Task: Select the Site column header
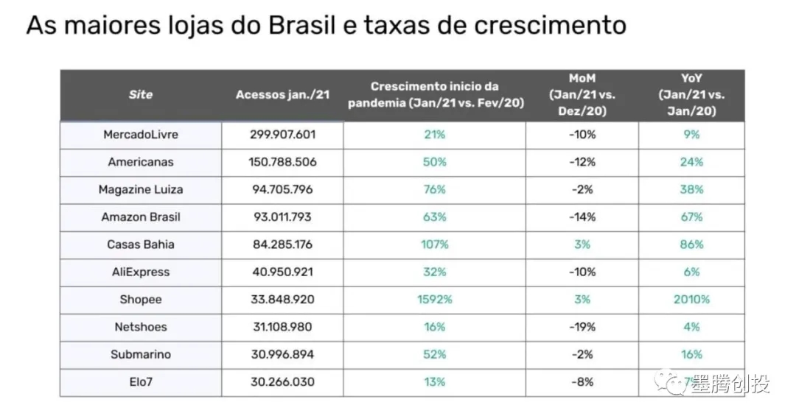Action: [141, 94]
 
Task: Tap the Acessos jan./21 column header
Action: [282, 94]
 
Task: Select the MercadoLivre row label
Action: [141, 135]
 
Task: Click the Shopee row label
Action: [141, 300]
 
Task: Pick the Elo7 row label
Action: [141, 382]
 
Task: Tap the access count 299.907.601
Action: [282, 135]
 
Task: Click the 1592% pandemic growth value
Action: [434, 300]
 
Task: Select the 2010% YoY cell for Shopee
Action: [691, 300]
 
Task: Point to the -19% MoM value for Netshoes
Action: [582, 327]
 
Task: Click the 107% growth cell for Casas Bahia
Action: [434, 244]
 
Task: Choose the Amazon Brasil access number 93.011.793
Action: [282, 217]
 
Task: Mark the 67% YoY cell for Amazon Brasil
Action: [691, 217]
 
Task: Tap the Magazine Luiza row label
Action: [141, 189]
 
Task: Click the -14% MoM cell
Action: [582, 217]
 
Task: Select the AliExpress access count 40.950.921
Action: [282, 272]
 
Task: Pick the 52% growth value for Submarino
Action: [434, 354]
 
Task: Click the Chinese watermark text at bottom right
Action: [730, 385]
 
